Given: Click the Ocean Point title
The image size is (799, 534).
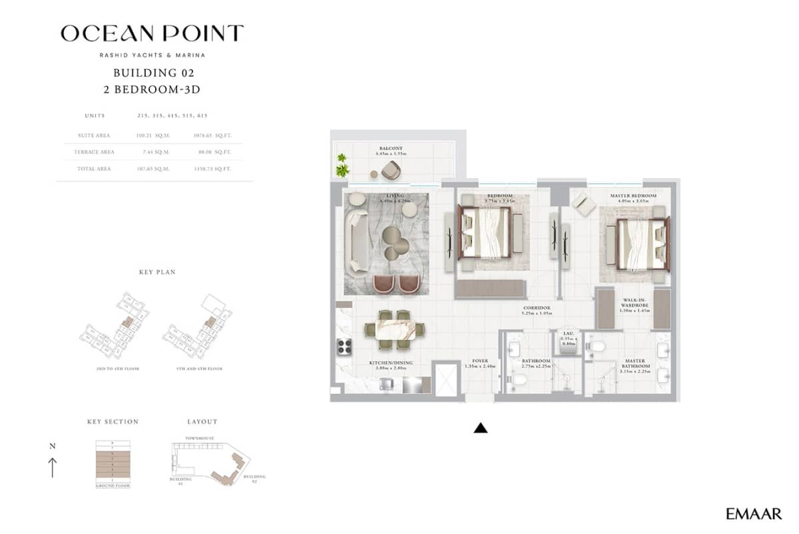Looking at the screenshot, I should tap(152, 33).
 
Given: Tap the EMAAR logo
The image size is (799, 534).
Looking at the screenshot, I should tap(754, 513).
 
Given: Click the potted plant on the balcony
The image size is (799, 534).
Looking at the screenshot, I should tap(342, 165).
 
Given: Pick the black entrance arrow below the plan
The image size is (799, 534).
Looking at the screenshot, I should tap(480, 428).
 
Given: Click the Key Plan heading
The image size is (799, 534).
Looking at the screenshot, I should tap(157, 273).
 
